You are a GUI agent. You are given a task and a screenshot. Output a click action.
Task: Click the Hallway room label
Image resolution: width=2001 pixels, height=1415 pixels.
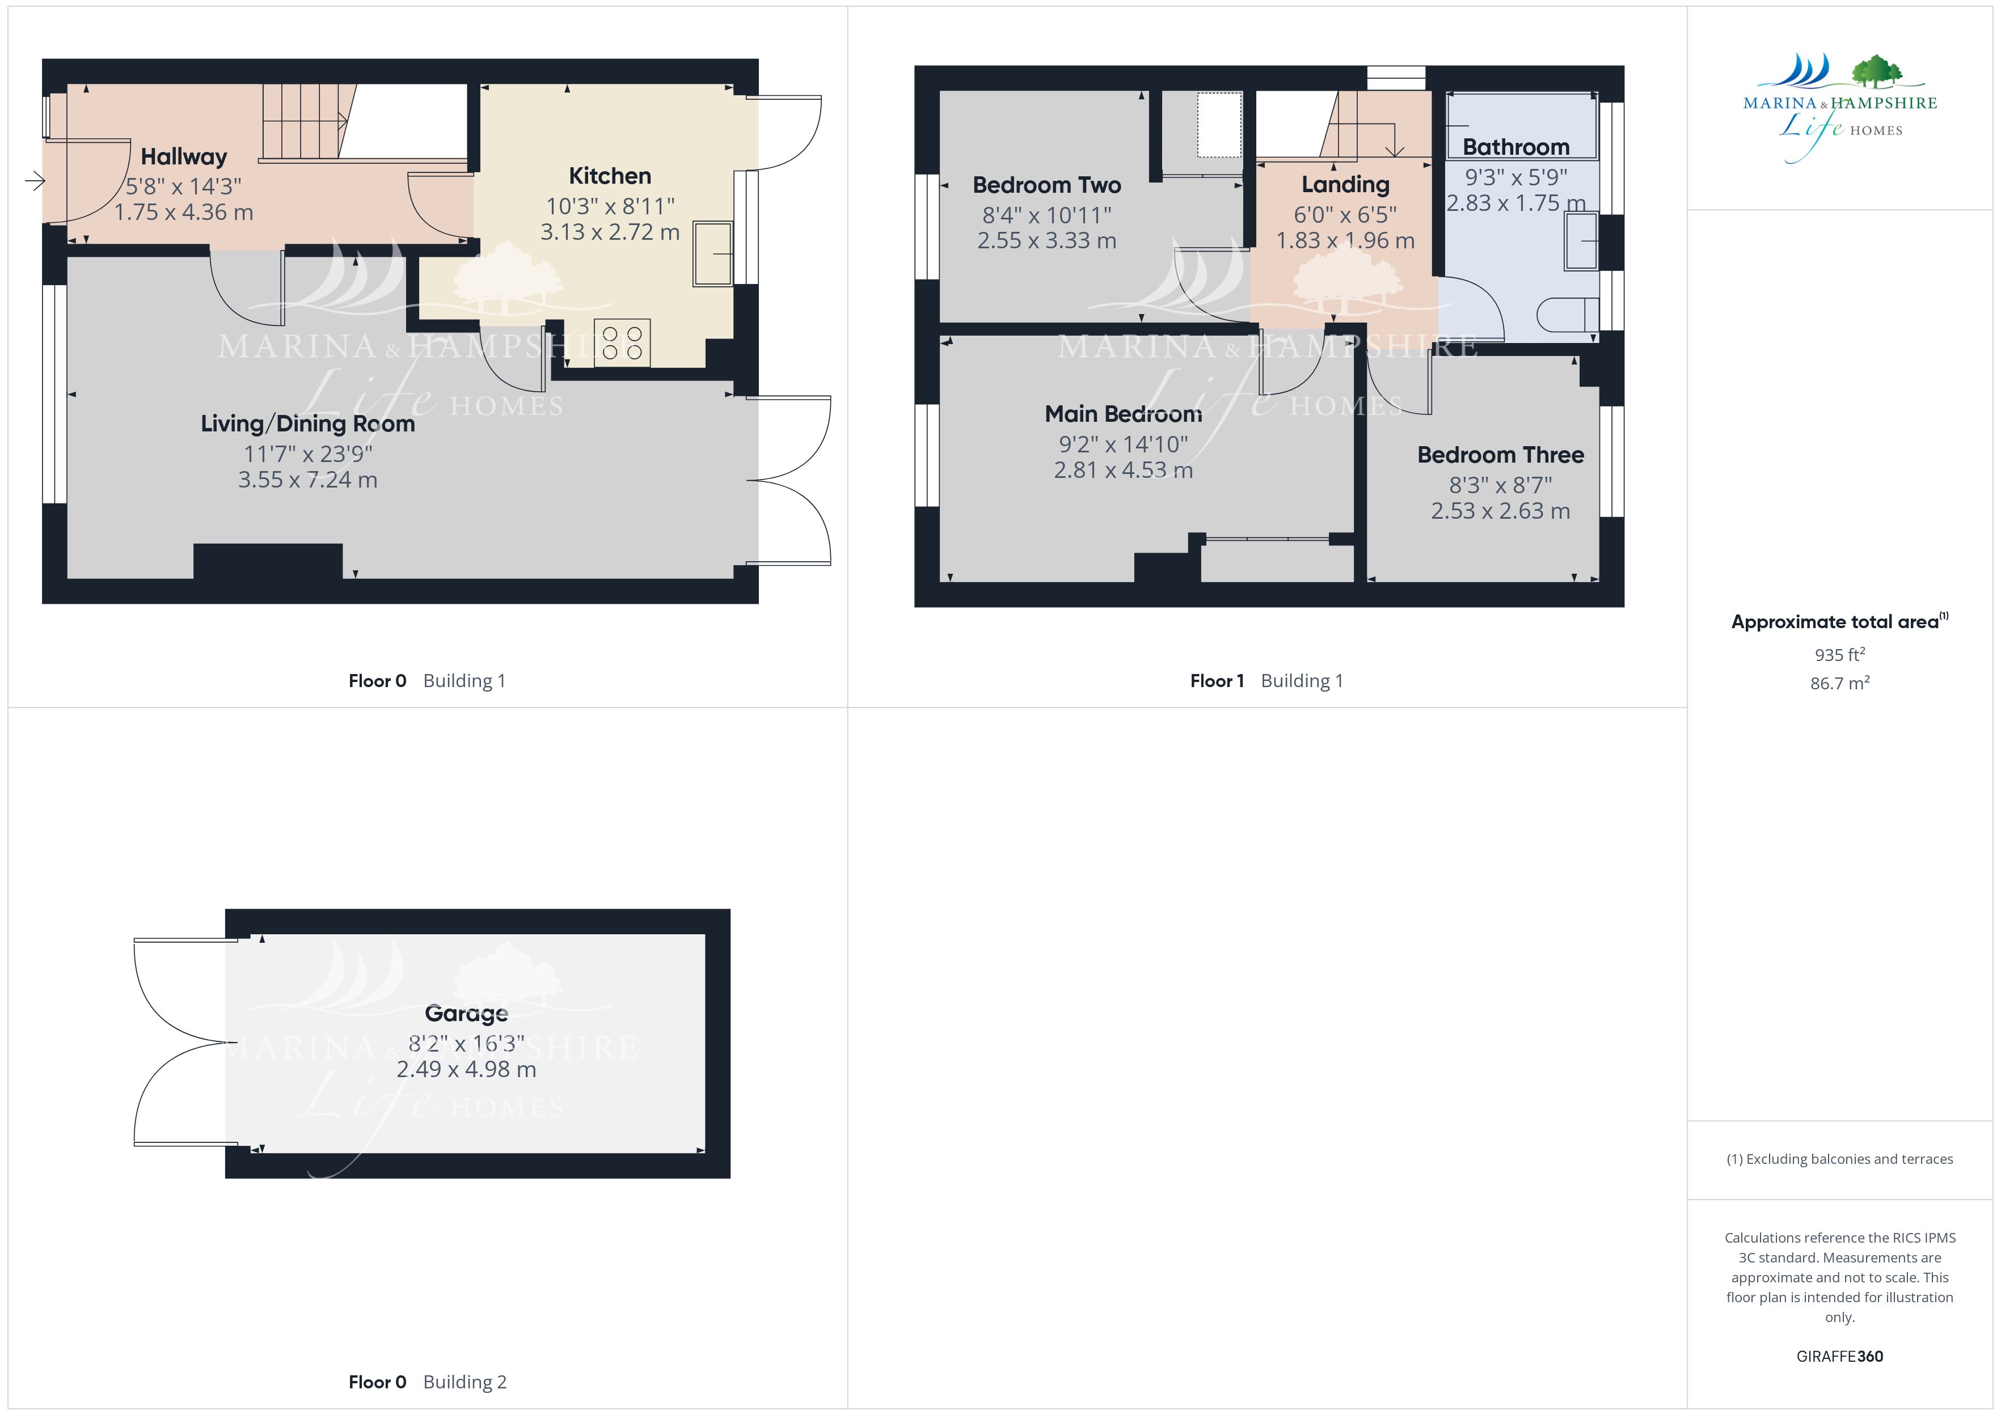184,157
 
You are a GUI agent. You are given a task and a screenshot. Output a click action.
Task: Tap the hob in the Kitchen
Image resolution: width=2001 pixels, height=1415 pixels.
622,342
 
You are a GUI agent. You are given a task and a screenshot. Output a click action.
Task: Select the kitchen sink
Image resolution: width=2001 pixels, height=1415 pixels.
713,253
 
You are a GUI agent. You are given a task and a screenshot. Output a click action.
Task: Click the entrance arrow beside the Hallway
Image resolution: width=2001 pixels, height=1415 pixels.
35,181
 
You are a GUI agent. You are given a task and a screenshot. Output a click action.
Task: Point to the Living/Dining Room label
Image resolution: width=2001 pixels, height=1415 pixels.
307,424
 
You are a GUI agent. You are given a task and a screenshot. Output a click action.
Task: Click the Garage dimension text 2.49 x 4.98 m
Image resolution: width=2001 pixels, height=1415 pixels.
466,1069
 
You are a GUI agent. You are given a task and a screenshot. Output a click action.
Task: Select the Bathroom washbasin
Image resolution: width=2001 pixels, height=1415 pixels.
1582,242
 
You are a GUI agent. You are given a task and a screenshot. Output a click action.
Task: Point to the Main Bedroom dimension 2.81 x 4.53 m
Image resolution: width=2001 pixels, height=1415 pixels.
1124,471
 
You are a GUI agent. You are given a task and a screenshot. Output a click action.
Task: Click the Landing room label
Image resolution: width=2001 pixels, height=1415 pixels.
1345,185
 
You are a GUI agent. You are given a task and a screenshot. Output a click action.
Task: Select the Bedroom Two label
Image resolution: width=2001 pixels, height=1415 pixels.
1046,185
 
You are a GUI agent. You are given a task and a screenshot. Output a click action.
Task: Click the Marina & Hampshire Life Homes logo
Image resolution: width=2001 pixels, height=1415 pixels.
1840,107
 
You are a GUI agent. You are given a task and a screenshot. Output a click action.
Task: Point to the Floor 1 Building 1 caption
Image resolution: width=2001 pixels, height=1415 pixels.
1267,681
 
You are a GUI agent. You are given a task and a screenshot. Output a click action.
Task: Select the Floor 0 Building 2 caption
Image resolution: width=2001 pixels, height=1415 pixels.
427,1383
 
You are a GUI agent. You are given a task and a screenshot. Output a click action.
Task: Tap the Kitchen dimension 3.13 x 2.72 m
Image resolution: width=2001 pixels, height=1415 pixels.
610,232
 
